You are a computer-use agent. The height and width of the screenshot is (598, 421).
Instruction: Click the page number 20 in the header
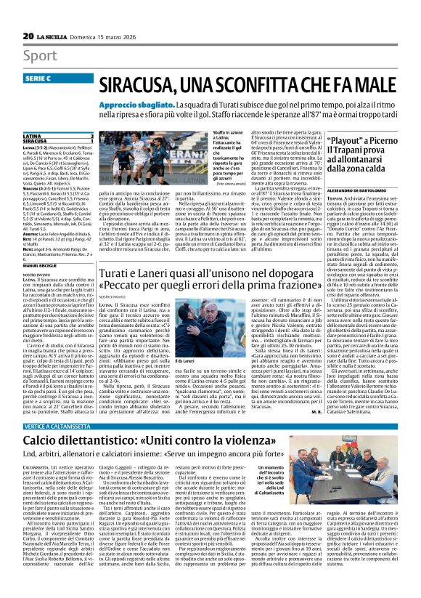[x=28, y=36]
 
